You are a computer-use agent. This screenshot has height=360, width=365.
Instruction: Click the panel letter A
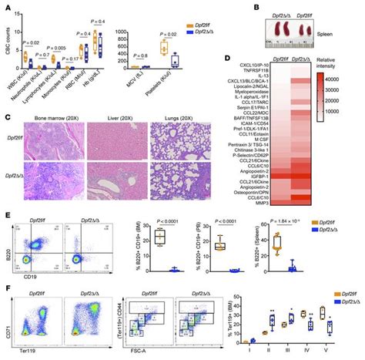point(6,6)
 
